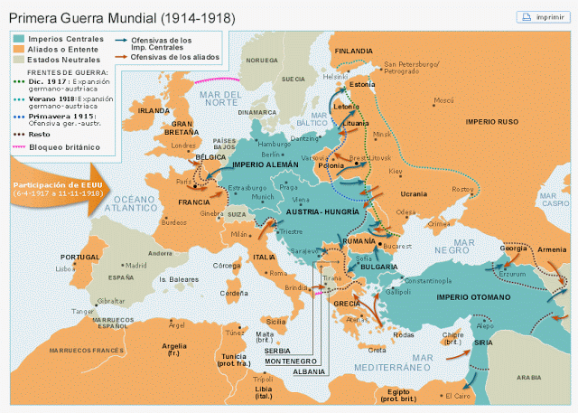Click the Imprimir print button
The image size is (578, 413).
(541, 16)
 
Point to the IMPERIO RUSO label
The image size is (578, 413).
(492, 120)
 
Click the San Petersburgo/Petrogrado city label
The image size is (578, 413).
(412, 68)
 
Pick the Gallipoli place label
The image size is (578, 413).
(397, 292)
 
